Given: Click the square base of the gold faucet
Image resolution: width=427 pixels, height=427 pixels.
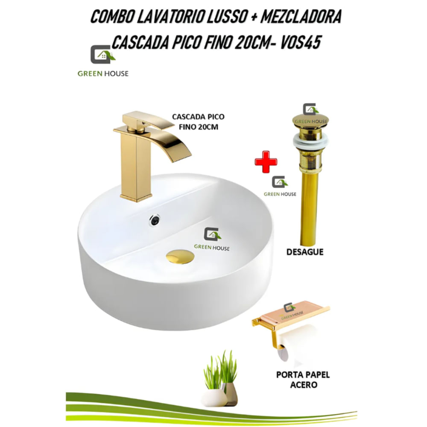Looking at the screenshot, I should tap(136, 196).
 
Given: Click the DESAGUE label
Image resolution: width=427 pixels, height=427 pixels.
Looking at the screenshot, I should tap(304, 252).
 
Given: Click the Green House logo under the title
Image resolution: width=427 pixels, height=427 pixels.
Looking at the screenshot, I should tap(102, 62).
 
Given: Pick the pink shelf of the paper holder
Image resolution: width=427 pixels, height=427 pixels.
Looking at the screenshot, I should tap(295, 312).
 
